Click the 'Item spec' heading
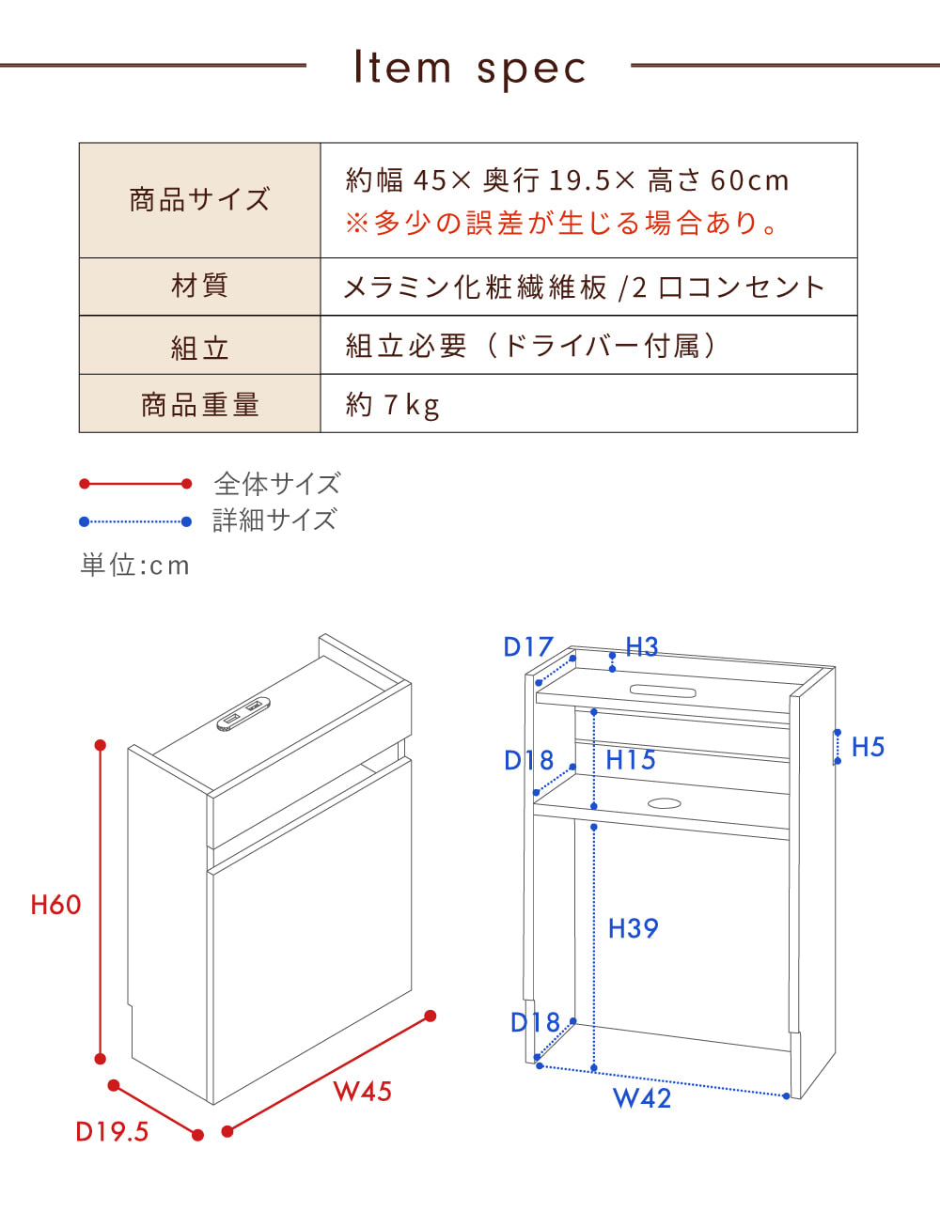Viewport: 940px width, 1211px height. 469,68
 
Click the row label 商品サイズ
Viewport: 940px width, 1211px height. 199,200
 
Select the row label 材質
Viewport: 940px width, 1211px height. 199,286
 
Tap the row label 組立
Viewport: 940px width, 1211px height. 199,348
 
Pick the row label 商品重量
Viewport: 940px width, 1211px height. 199,405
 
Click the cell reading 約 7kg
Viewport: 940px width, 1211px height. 393,405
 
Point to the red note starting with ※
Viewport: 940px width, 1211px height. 562,224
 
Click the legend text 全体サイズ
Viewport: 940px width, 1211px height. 276,484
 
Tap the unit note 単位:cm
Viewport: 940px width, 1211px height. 135,566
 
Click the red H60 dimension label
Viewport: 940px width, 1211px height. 55,905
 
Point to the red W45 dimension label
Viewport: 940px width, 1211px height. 362,1092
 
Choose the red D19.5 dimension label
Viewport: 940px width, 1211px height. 112,1132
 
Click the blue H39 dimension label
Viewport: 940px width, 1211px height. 633,928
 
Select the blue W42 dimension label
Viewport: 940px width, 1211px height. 642,1097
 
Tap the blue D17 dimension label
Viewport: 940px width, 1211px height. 528,647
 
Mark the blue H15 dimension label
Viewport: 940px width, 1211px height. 631,760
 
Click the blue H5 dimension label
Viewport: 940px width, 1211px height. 868,747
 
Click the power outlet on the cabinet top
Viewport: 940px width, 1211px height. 243,714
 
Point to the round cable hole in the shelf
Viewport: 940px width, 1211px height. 665,803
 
